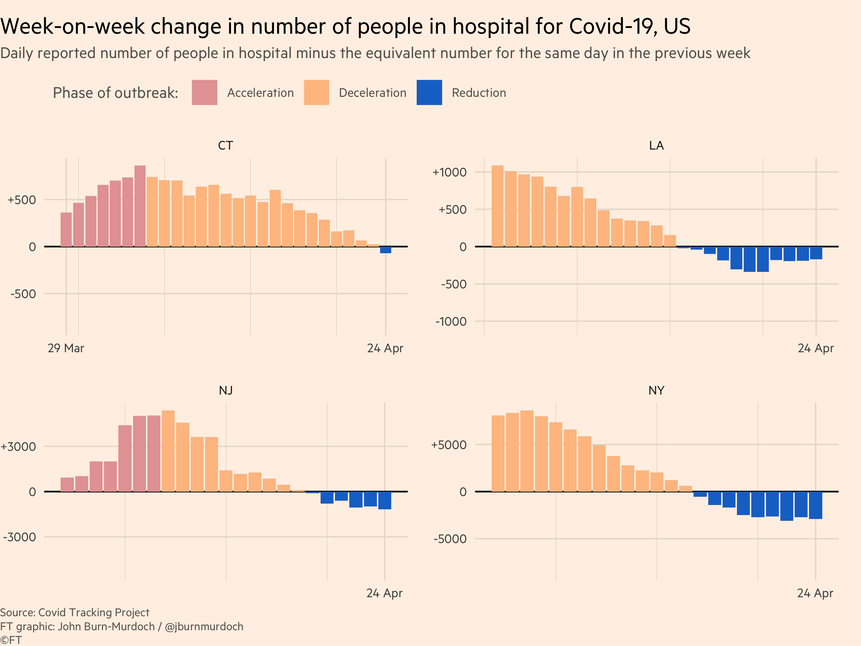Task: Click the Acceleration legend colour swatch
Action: coord(204,92)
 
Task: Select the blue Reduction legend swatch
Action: coord(429,92)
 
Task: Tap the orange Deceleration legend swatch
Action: coord(316,92)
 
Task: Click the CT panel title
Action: coord(225,146)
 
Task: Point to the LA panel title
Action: coord(656,146)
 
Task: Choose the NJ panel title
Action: coord(226,391)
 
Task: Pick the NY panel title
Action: coord(656,391)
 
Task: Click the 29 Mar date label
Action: coord(66,348)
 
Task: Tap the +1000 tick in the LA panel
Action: coord(449,172)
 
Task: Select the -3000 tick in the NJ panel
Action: coord(19,537)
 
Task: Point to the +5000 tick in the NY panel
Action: coord(449,445)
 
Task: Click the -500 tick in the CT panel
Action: coord(23,294)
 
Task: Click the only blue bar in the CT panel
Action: coord(386,250)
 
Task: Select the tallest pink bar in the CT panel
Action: coord(140,206)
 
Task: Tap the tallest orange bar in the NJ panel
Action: coord(168,451)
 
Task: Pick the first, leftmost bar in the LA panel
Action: coord(497,206)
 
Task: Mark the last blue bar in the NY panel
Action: coord(815,505)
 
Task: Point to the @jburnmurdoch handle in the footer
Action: coord(204,627)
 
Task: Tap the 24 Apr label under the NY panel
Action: coord(815,593)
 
